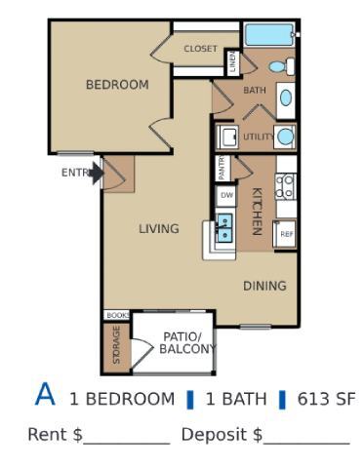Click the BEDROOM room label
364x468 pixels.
click(117, 85)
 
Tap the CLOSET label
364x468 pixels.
click(201, 49)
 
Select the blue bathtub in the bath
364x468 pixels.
click(269, 35)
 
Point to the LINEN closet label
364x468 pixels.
click(232, 63)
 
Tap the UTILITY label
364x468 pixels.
click(259, 137)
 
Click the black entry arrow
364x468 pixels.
click(97, 174)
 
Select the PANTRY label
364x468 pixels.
click(222, 169)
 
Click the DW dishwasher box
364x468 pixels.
click(226, 195)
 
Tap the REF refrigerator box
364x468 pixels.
click(286, 234)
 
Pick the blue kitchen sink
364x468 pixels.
click(223, 228)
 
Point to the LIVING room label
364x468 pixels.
click(158, 229)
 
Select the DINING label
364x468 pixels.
click(264, 286)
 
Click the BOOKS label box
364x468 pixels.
click(117, 315)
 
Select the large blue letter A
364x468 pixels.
click(46, 394)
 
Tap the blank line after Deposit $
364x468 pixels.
click(306, 436)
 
